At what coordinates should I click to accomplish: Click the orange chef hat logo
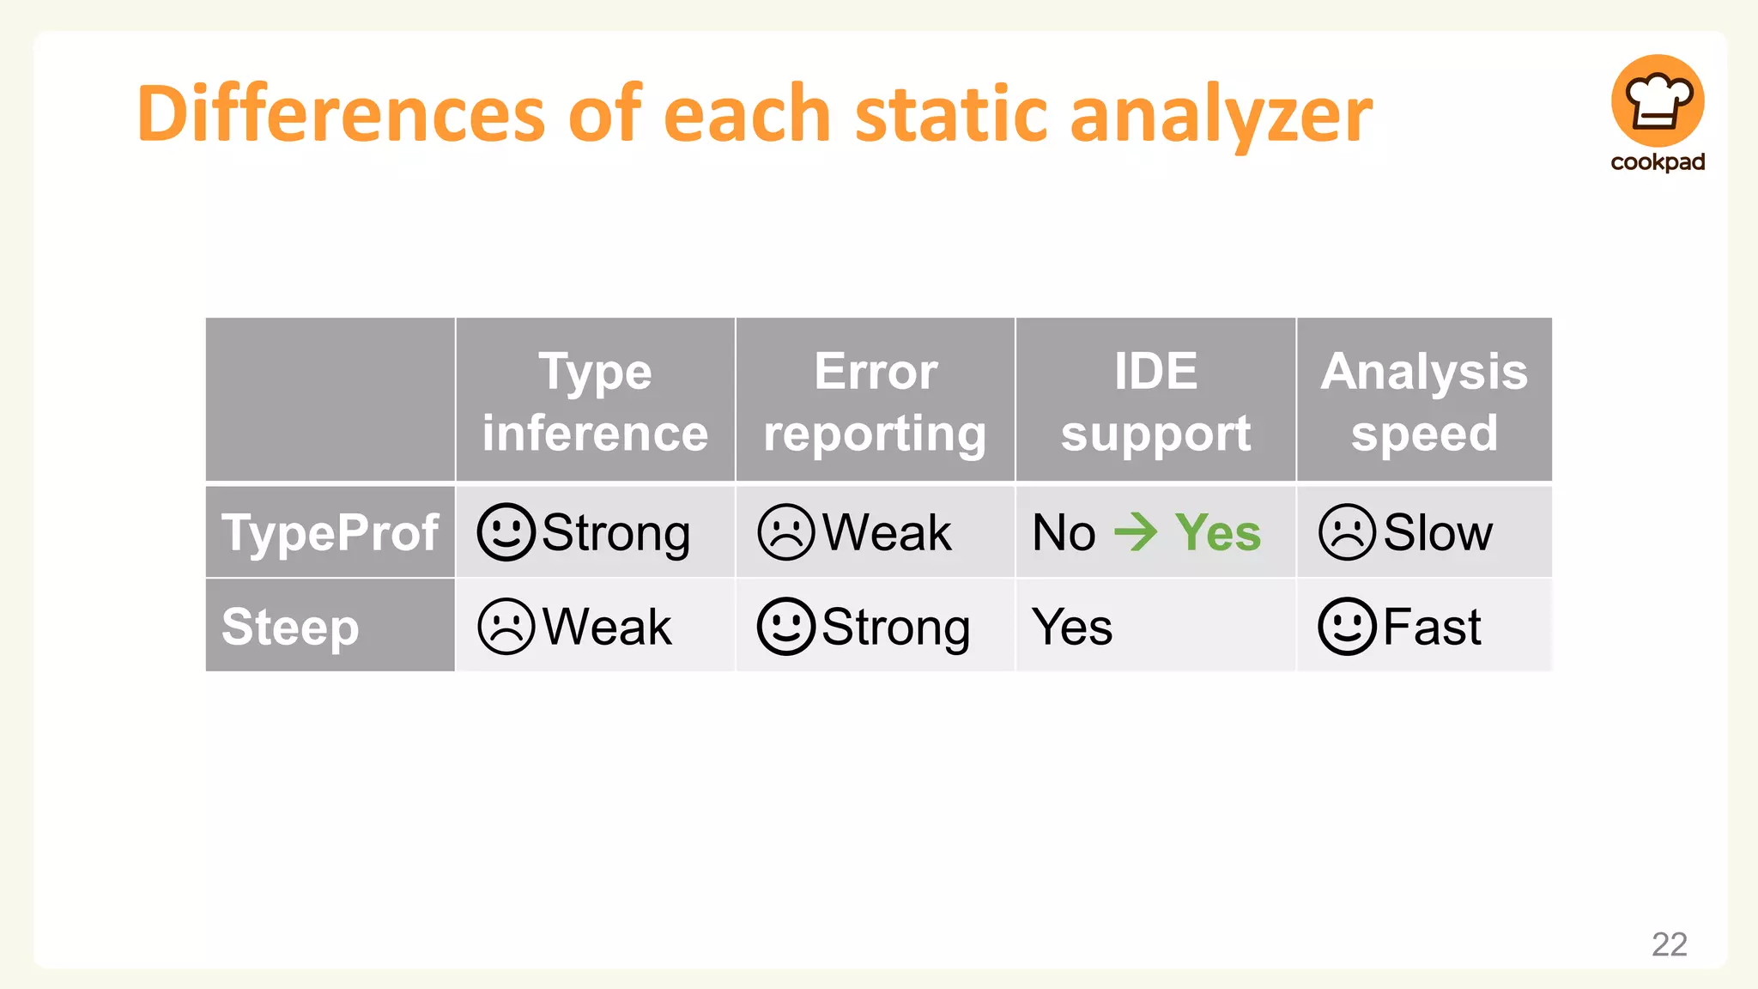click(1657, 100)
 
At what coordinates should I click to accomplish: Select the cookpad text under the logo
click(1657, 162)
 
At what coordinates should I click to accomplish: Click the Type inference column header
click(595, 401)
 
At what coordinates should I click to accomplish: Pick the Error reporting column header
click(875, 401)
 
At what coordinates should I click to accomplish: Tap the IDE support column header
click(1155, 401)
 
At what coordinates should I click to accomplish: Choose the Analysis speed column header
click(1424, 401)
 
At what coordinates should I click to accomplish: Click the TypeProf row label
click(330, 532)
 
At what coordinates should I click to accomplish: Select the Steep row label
click(290, 626)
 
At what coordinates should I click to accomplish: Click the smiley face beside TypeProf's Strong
click(506, 532)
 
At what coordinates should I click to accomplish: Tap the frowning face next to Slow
click(1347, 532)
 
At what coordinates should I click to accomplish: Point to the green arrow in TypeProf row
click(1136, 532)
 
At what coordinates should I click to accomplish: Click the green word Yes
click(1217, 532)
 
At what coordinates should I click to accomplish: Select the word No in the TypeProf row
click(1064, 532)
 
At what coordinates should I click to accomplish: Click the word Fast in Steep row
click(1432, 626)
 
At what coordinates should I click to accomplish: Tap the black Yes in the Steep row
click(1072, 626)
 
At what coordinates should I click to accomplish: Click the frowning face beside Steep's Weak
click(506, 626)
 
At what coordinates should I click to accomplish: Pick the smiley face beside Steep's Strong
click(785, 626)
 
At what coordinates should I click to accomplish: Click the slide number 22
click(1669, 943)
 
